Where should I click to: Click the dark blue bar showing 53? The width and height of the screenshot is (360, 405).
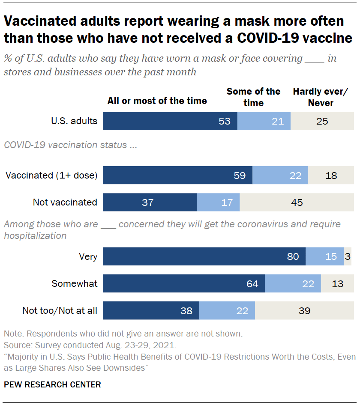170,121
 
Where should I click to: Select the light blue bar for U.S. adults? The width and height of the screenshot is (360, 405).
264,121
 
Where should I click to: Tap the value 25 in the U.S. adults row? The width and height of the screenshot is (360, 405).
322,121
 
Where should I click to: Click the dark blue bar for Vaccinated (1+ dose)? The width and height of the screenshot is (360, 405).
177,175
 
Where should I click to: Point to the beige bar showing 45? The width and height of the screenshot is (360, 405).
297,202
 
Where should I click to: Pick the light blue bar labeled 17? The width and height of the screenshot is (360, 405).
218,202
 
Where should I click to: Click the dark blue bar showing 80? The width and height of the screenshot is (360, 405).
204,256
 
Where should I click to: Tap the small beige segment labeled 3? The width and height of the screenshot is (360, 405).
348,256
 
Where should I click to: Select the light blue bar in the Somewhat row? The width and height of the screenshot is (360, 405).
293,283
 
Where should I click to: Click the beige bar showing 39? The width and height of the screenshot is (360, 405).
304,310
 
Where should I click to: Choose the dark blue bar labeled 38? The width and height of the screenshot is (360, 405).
151,310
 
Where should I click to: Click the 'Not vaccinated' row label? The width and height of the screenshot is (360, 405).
65,202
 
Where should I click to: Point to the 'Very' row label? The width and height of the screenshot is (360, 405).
88,257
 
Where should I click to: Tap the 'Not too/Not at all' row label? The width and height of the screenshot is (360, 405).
60,310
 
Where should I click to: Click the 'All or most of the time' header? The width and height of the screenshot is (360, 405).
157,101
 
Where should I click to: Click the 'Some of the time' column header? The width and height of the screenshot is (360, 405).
253,97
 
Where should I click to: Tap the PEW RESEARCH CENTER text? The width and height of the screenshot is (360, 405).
52,384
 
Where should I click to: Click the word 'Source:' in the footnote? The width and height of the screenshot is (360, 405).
16,345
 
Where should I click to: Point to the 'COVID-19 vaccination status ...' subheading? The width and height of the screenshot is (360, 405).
70,145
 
